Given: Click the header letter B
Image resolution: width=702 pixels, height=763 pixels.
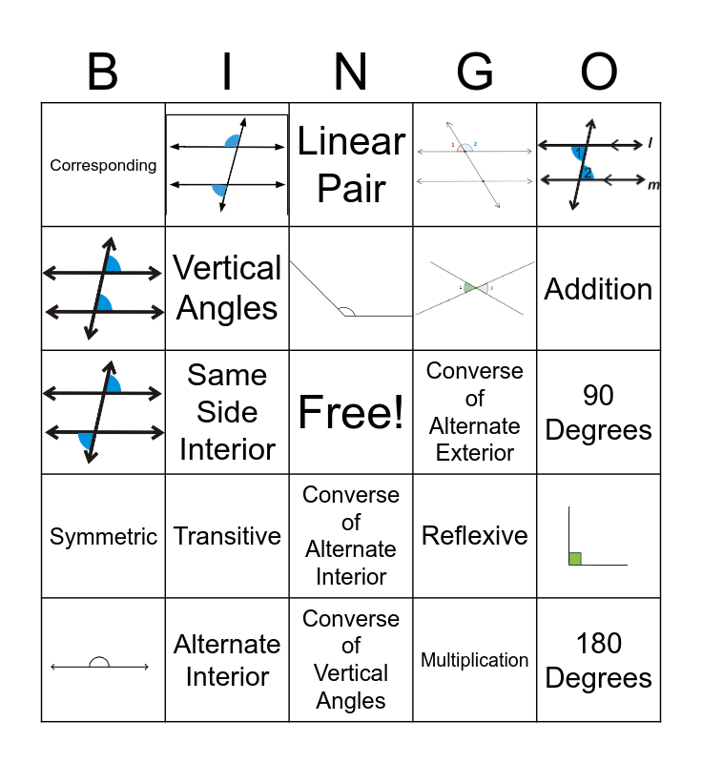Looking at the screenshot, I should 103,72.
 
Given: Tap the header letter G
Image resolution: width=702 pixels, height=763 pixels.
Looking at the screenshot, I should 475,72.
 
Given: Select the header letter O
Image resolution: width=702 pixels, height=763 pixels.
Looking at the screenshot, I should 599,72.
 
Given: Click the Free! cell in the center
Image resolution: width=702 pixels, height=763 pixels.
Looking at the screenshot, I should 351,412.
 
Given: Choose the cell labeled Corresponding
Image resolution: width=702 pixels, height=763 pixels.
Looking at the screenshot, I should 103,165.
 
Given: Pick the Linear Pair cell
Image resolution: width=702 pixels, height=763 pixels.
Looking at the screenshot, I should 351,164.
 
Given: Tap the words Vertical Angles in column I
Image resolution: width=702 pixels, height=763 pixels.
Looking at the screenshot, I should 227,288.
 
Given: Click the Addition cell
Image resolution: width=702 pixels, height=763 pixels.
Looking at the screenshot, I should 599,289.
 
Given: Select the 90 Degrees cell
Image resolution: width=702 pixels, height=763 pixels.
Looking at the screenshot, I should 599,412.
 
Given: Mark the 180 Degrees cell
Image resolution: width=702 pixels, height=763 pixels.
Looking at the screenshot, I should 599,660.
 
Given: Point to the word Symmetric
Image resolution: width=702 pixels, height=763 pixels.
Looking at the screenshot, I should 103,536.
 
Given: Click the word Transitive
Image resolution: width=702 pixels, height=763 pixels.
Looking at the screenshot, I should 227,536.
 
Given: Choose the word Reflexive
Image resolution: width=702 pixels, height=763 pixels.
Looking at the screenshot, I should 475,536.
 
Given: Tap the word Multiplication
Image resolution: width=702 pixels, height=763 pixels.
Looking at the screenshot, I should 475,660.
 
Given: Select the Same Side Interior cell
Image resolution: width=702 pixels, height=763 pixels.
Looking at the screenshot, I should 227,412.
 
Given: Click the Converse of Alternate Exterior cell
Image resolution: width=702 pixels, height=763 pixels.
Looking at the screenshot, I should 475,412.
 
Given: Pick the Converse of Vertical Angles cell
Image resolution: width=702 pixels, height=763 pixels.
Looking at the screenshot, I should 351,660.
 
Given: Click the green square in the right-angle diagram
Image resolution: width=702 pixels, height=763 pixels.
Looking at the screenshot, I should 575,558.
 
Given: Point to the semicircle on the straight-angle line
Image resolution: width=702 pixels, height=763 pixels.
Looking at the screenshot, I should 98,662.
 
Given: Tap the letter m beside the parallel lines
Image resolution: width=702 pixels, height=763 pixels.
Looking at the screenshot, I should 653,185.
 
